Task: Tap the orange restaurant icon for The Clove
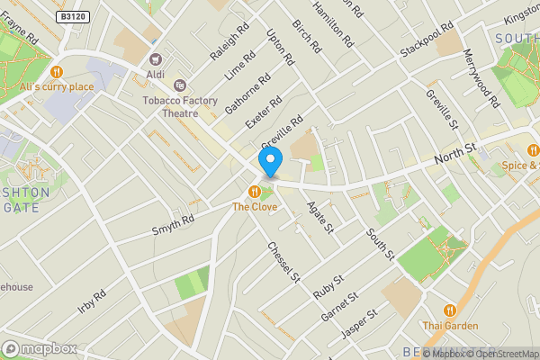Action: point(255,191)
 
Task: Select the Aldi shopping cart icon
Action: point(155,58)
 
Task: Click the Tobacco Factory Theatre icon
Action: point(179,85)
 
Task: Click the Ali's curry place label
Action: point(57,86)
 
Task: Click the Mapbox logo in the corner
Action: point(40,348)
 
